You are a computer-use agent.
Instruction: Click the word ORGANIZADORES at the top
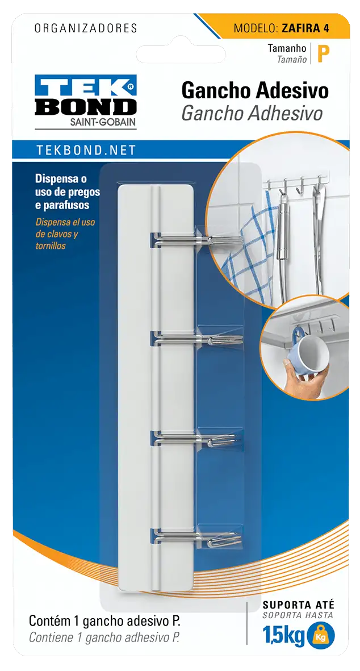coord(86,28)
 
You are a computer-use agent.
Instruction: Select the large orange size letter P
coord(323,55)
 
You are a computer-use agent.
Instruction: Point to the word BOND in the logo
coord(86,107)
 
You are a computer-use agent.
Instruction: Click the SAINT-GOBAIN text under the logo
coord(103,122)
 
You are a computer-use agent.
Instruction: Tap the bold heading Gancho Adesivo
coord(255,91)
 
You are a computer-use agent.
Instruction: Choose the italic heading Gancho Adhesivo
coord(252,114)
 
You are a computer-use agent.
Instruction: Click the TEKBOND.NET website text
coord(86,150)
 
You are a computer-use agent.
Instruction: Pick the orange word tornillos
coord(51,247)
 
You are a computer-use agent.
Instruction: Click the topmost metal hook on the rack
coord(196,240)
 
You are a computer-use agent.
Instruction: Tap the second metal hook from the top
coord(196,340)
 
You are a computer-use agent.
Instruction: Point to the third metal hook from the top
coord(195,439)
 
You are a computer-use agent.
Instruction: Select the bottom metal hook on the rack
coord(196,537)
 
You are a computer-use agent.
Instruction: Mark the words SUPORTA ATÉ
coord(299,605)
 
